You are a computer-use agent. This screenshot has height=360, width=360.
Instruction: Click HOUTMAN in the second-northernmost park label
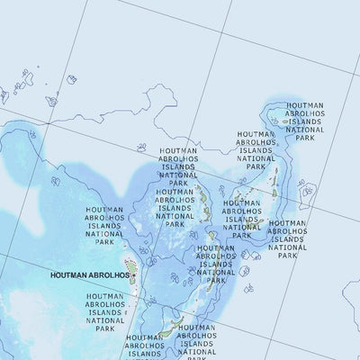point(256,134)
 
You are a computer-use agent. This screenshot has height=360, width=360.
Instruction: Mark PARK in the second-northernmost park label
point(256,167)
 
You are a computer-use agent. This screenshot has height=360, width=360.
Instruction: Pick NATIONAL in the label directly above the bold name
point(104,233)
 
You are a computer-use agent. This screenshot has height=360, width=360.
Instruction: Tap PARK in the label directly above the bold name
point(104,242)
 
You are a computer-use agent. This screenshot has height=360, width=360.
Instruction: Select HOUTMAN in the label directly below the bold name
point(104,296)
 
